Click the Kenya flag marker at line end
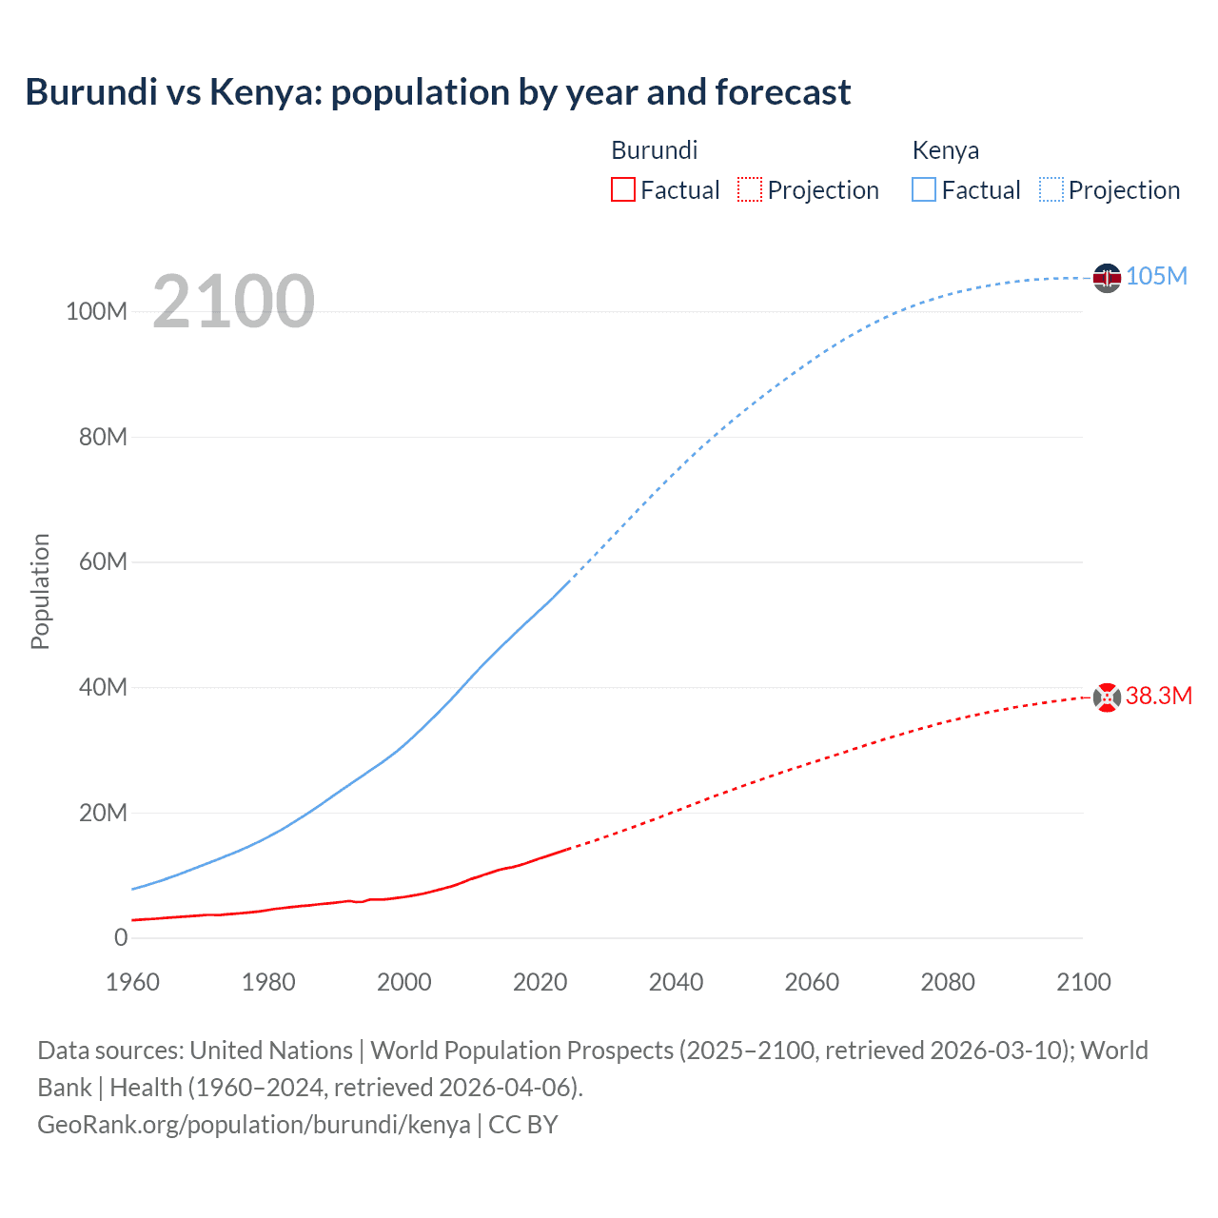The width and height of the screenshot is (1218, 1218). (1107, 278)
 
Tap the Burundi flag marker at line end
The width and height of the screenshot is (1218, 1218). (1107, 697)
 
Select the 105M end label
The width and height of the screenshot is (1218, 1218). (1156, 276)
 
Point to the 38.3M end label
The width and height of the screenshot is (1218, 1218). (1158, 696)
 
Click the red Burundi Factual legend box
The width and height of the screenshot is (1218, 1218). (622, 190)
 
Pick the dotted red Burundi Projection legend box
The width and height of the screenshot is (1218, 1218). (750, 190)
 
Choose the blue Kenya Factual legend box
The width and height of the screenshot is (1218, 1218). (924, 190)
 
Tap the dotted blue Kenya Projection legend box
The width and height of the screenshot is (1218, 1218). (1051, 190)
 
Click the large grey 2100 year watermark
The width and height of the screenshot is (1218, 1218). (233, 302)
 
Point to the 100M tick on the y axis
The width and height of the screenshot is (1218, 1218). (96, 311)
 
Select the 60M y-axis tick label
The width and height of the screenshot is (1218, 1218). (103, 561)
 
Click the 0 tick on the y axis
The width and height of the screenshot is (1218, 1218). (121, 937)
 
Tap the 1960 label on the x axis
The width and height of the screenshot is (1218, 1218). (132, 982)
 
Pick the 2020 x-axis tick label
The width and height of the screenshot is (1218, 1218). (540, 982)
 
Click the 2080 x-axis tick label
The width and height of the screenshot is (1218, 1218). (947, 982)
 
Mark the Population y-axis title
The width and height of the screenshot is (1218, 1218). (40, 591)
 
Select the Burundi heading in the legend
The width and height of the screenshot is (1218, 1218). (654, 150)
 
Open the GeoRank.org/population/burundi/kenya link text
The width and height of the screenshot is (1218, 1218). (254, 1124)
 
